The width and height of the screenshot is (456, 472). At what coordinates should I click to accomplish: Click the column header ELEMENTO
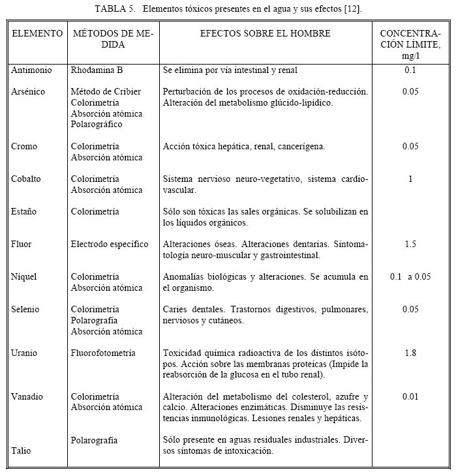[37, 33]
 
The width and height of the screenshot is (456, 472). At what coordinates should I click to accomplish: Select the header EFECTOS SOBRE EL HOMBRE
[265, 33]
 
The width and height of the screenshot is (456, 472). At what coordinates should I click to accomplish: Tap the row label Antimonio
[31, 70]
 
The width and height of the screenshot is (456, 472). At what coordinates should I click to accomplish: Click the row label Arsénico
[29, 92]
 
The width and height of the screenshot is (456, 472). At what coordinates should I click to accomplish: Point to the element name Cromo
[24, 147]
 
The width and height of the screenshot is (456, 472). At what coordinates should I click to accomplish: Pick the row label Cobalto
[26, 179]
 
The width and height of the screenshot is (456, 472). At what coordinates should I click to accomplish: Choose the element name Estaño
[24, 212]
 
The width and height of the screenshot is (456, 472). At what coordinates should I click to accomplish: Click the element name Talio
[21, 450]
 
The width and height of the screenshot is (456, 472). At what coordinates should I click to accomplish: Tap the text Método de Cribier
[106, 92]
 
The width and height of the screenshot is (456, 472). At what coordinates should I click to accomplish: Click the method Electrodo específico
[110, 244]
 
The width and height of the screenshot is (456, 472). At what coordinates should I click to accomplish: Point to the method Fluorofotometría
[103, 353]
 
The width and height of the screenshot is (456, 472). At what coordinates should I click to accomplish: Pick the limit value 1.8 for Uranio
[410, 353]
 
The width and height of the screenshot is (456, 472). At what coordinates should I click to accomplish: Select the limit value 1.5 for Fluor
[410, 244]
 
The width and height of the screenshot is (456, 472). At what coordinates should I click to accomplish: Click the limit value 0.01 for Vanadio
[410, 396]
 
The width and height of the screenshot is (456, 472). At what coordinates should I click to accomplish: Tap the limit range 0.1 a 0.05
[410, 277]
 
